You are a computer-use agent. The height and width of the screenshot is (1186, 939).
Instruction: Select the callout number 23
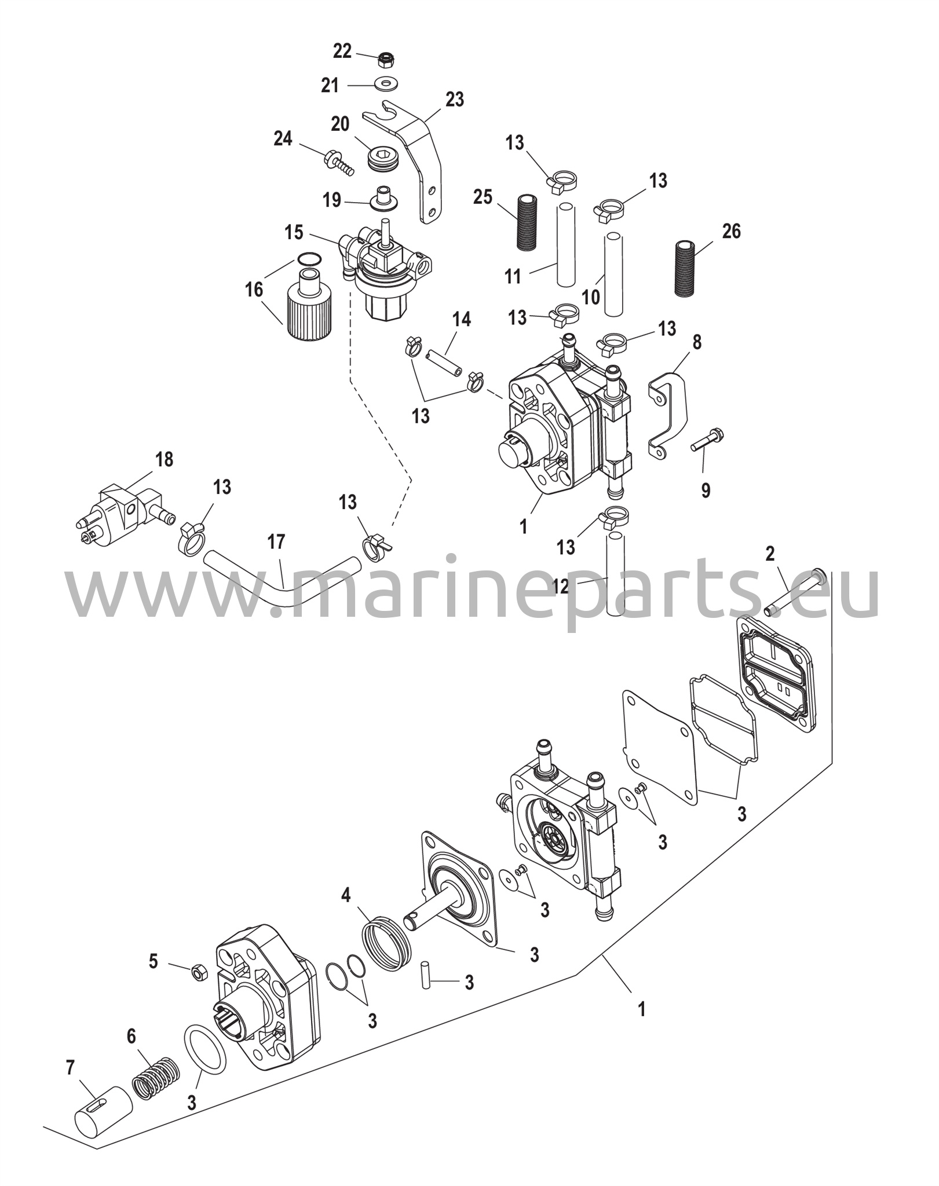click(455, 100)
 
